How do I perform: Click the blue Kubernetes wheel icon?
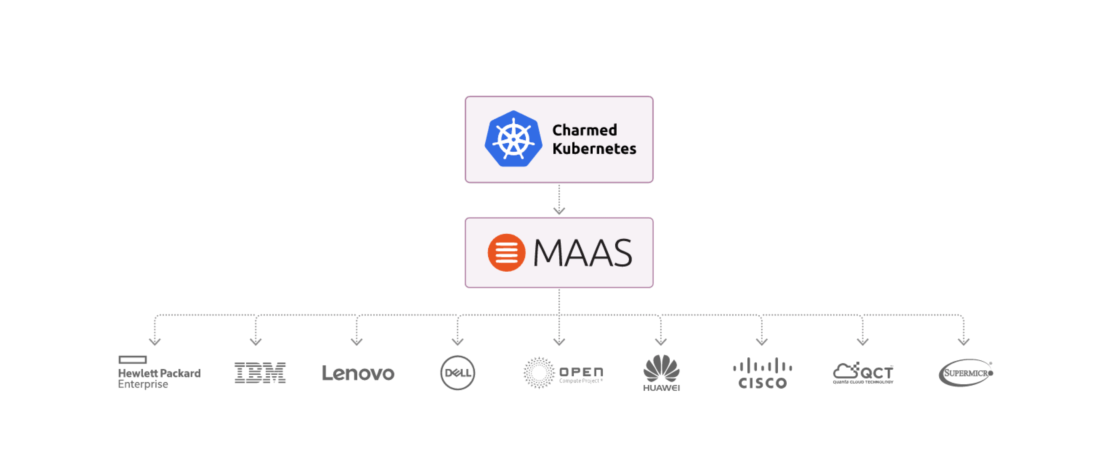pos(513,139)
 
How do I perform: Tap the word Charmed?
pos(585,130)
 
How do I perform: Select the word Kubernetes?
pos(594,148)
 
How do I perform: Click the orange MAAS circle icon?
pos(506,252)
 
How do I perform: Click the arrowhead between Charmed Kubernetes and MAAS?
pos(559,210)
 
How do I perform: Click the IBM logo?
pos(260,373)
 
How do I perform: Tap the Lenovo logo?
pos(358,373)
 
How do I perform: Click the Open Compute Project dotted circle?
pos(538,373)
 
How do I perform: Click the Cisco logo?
pos(762,373)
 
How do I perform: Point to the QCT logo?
pos(863,373)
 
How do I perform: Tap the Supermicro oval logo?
pos(966,373)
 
